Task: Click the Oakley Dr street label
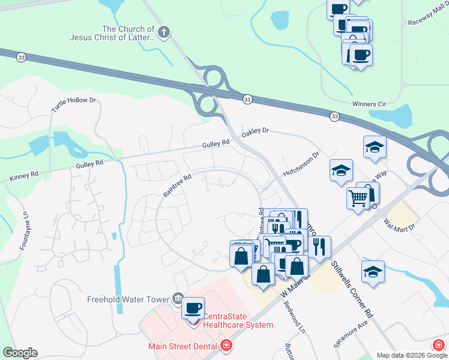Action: tap(256, 130)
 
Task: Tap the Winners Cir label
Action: tap(369, 103)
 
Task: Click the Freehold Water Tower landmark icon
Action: tap(178, 298)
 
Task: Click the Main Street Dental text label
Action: tap(182, 346)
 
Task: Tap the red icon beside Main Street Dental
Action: tap(226, 346)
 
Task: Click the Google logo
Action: tap(20, 353)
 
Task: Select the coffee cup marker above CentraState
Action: tap(193, 308)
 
